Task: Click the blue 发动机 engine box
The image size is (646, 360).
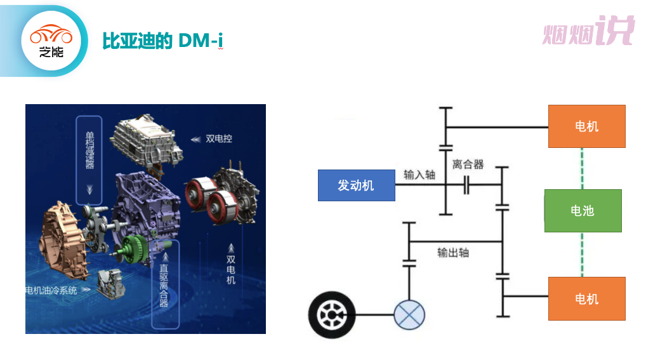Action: pos(356,185)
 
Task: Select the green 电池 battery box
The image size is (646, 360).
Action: pos(583,210)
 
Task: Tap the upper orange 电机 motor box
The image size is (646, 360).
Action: pos(586,126)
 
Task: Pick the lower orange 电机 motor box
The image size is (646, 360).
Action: pos(586,298)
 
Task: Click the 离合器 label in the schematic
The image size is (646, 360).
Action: pos(468,164)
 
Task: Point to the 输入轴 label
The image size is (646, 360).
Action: pos(419,175)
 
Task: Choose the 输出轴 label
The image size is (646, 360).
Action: pos(453,252)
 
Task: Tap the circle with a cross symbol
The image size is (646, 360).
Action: pos(409,315)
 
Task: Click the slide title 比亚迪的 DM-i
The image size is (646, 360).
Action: pos(163,41)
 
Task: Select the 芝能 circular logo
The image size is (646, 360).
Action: pos(51,41)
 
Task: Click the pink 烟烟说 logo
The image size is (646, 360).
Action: pos(588,32)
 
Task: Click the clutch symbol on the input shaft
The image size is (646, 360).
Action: pos(467,185)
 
